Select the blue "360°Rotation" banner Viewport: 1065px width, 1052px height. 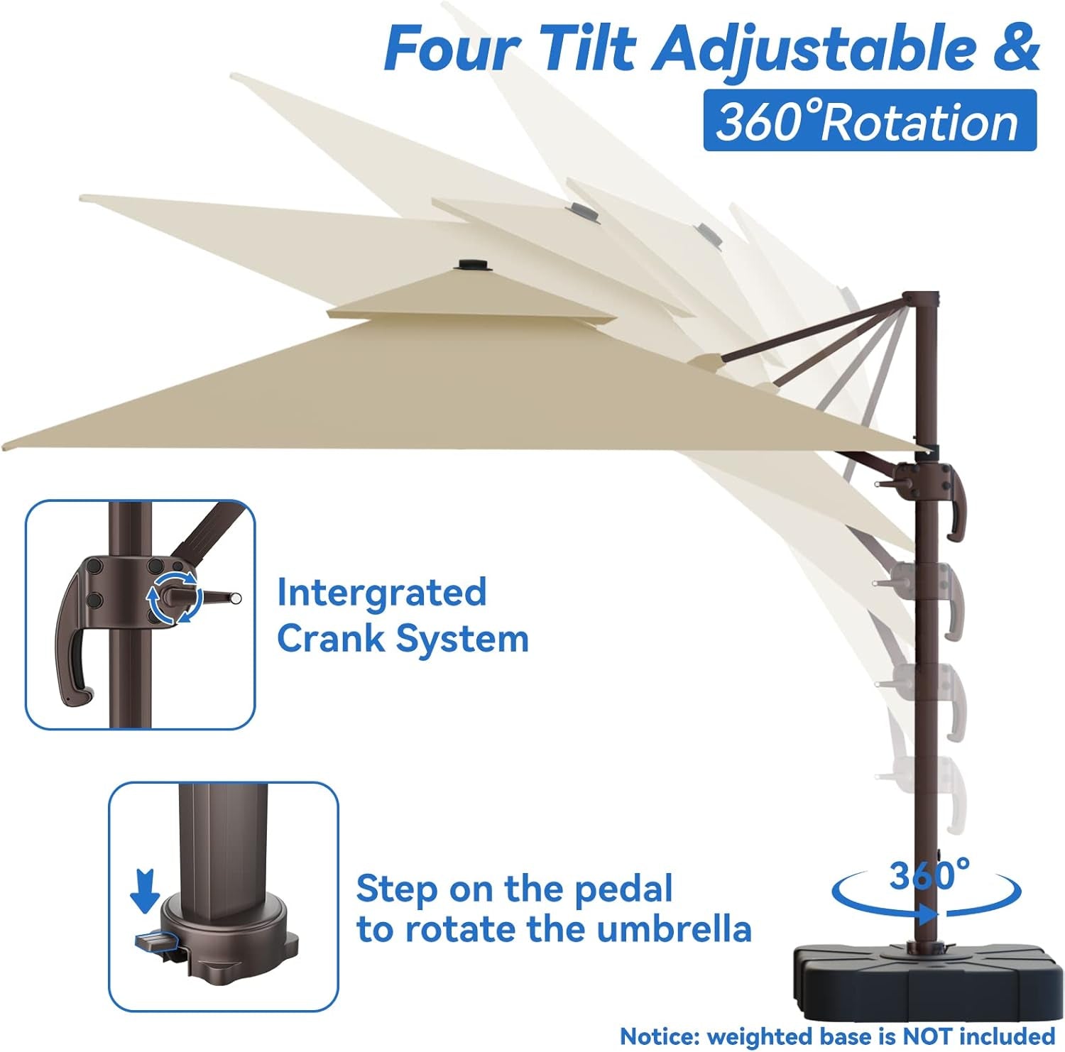click(869, 121)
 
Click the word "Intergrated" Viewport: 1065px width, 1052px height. click(381, 592)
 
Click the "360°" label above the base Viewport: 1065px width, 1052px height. click(929, 875)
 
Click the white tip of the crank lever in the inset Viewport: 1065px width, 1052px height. click(236, 598)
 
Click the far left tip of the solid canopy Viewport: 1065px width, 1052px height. click(6, 446)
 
